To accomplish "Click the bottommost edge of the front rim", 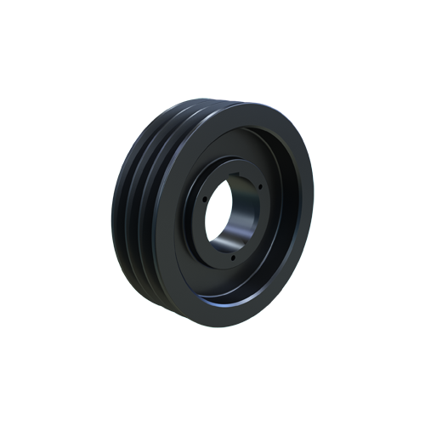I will (229, 326).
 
